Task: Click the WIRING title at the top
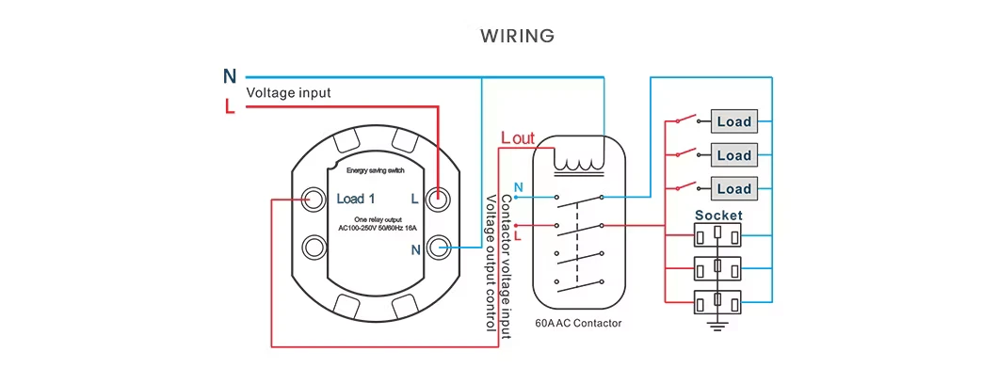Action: (x=517, y=37)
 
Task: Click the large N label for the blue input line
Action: (x=230, y=76)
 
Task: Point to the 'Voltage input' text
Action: (x=288, y=93)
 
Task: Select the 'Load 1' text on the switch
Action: (x=356, y=199)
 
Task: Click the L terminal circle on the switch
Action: (x=437, y=199)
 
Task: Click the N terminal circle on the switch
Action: (x=437, y=248)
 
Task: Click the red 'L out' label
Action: (x=517, y=138)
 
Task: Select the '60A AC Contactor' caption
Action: (x=578, y=323)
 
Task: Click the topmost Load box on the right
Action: (x=733, y=121)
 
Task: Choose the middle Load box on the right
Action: (x=733, y=154)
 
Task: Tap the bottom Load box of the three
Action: (x=733, y=188)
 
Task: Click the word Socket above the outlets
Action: (x=718, y=215)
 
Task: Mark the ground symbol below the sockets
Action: (x=718, y=326)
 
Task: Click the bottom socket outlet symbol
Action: (x=718, y=302)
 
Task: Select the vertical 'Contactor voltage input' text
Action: (x=506, y=267)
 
